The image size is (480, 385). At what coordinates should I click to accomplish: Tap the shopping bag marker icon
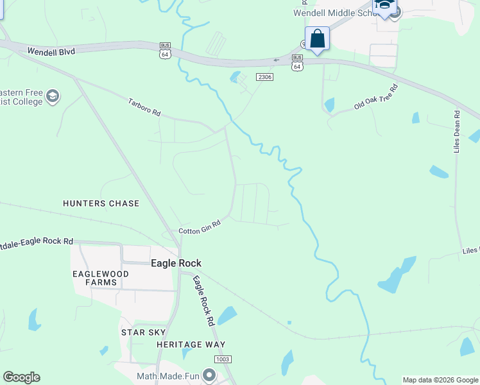[317, 38]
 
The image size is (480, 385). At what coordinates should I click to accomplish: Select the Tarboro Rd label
[144, 107]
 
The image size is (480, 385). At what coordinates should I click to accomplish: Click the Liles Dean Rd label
[457, 132]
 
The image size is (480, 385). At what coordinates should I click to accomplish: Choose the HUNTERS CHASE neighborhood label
[101, 203]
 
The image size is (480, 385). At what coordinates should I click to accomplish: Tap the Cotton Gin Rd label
[200, 227]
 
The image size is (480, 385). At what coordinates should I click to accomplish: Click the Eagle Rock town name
[176, 263]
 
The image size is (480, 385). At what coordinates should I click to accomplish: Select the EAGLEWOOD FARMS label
[100, 278]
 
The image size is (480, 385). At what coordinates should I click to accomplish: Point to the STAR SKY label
[144, 332]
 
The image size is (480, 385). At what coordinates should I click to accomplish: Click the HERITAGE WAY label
[191, 345]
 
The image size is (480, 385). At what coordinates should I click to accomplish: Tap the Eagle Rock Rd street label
[203, 301]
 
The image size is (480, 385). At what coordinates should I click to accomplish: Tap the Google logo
[21, 377]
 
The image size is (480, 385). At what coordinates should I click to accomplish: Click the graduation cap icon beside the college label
[53, 96]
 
